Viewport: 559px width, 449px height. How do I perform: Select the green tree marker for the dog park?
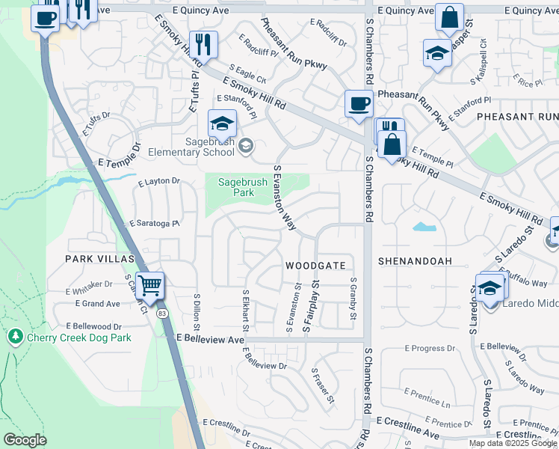tap(15, 337)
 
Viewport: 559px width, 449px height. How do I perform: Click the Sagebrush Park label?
tap(236, 187)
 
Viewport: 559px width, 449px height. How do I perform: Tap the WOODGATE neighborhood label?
tap(315, 266)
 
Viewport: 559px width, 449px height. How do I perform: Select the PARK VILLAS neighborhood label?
tap(99, 259)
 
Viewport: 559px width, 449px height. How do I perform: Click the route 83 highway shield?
tap(162, 314)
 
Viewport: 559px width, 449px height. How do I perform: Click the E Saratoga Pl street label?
tap(155, 224)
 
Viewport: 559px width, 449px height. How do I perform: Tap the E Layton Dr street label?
tap(159, 181)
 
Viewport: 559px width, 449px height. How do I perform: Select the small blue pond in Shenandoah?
tap(423, 226)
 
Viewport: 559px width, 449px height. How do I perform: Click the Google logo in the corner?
tap(25, 440)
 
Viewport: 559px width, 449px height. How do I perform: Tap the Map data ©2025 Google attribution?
tap(513, 443)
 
